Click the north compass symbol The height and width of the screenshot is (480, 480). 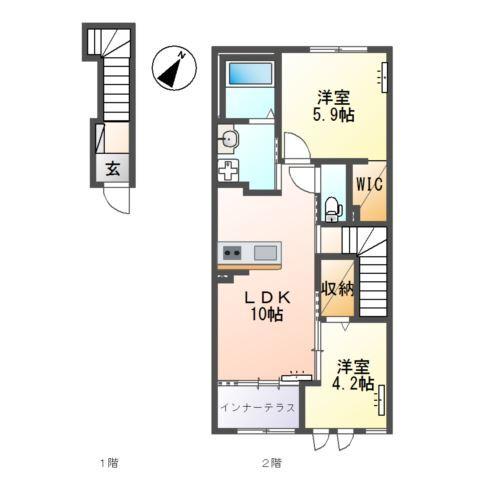click(x=174, y=68)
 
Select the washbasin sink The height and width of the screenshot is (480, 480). click(x=229, y=138)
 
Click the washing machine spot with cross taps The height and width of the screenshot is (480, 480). click(x=228, y=169)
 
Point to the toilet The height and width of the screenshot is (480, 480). click(x=333, y=208)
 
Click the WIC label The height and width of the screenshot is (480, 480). click(x=369, y=184)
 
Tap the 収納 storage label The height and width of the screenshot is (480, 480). click(x=337, y=289)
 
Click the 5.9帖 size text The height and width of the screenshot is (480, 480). click(x=333, y=115)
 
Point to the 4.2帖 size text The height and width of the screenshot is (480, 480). click(x=353, y=384)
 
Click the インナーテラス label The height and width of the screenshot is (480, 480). click(x=258, y=407)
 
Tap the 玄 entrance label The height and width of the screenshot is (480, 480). click(x=113, y=169)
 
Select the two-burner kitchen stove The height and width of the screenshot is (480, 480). click(x=232, y=253)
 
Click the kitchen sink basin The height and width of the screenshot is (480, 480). click(x=265, y=253)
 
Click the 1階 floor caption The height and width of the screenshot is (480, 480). click(x=109, y=463)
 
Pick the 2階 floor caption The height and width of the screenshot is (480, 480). click(x=272, y=463)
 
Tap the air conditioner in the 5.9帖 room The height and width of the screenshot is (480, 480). click(x=384, y=77)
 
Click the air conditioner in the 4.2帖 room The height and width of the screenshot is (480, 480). click(x=380, y=400)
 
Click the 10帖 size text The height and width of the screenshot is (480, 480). click(x=267, y=314)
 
